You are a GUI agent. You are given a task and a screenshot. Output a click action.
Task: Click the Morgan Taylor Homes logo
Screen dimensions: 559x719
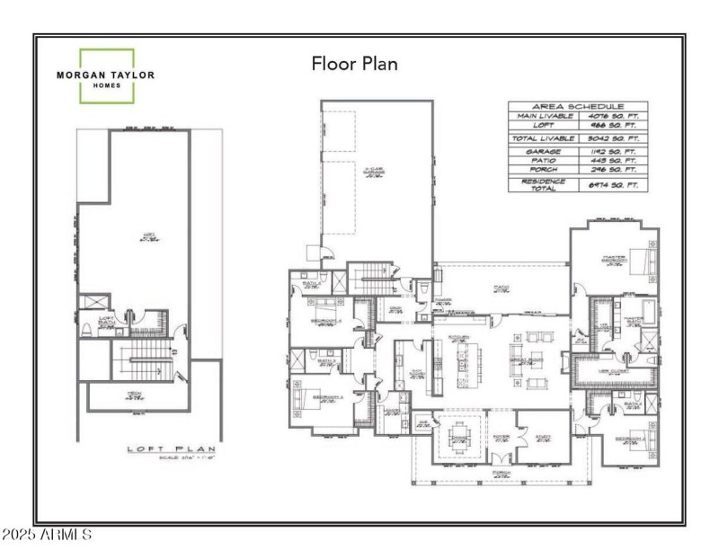[107, 75]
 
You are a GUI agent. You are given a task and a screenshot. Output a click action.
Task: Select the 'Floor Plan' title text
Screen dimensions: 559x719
[354, 64]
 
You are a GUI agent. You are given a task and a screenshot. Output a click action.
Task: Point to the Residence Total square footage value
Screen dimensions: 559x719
[613, 184]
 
